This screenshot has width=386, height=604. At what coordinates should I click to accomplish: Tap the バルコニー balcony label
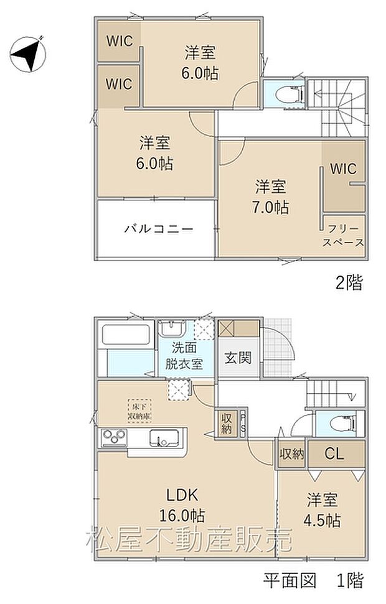[158, 228]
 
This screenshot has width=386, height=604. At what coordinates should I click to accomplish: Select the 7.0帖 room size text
[271, 207]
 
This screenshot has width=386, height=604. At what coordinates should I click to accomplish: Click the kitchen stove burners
[113, 438]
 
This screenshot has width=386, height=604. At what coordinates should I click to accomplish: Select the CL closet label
[334, 454]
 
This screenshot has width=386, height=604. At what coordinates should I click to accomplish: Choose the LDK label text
[181, 495]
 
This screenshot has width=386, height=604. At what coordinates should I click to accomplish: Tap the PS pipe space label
[242, 423]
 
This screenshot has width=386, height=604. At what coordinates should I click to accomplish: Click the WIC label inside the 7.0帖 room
[343, 169]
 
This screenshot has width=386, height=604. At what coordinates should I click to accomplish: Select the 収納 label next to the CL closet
[291, 454]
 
